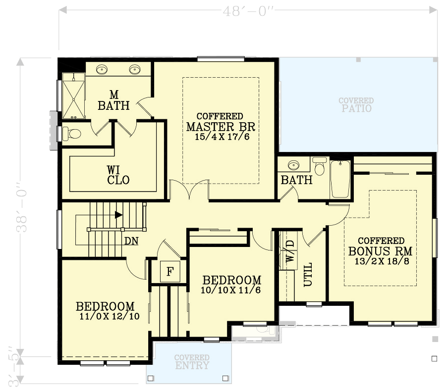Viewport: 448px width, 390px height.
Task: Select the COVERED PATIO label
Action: [356, 104]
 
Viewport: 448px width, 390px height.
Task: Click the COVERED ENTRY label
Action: [192, 362]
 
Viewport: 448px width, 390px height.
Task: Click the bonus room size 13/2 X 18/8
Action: [381, 261]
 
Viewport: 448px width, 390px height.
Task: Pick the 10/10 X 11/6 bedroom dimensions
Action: [231, 291]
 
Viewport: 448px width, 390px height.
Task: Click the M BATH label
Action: [113, 100]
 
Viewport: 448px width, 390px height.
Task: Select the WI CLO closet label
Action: [118, 175]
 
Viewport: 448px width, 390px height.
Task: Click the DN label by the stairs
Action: [131, 242]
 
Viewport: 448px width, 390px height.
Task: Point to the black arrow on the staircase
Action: [118, 215]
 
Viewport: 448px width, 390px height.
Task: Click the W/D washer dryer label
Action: [289, 250]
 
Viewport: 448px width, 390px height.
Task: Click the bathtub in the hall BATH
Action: [340, 179]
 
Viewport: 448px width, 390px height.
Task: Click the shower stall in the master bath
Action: [73, 96]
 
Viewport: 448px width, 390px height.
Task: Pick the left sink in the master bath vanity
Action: [102, 70]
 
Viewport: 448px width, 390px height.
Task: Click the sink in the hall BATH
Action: [293, 165]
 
